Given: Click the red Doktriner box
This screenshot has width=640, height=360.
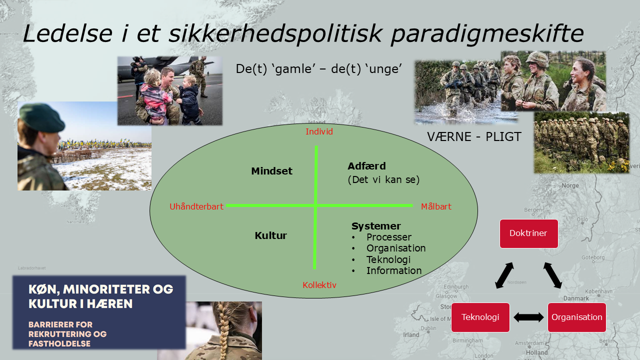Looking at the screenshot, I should (x=529, y=233).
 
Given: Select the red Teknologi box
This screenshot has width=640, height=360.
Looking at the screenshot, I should (x=480, y=317).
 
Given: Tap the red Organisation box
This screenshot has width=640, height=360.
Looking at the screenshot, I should (x=576, y=317).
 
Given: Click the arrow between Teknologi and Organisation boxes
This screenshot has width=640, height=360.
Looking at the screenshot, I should (x=528, y=317).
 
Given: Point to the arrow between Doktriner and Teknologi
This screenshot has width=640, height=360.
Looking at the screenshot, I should (x=504, y=275).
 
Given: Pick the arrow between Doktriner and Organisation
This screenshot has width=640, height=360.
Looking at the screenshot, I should (x=552, y=275).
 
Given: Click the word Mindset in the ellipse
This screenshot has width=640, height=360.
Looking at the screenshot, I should (x=271, y=171).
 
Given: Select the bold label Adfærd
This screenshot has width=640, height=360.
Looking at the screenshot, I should (x=366, y=166).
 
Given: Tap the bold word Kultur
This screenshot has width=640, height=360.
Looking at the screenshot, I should (x=270, y=235).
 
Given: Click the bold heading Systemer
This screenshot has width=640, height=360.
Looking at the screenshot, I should (x=376, y=226).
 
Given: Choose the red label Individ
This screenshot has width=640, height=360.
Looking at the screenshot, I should (x=319, y=132).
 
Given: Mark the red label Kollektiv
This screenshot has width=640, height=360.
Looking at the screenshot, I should (x=319, y=285).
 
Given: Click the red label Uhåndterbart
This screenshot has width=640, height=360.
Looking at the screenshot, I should (x=196, y=206).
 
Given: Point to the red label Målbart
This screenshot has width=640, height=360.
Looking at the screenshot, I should (x=436, y=206).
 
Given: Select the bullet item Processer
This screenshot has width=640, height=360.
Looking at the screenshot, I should (x=388, y=237).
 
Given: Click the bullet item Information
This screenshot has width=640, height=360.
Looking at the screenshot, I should (x=393, y=270).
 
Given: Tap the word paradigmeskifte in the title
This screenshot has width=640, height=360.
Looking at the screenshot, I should (x=486, y=34).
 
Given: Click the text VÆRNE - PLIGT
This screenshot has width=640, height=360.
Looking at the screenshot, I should (x=474, y=136).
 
